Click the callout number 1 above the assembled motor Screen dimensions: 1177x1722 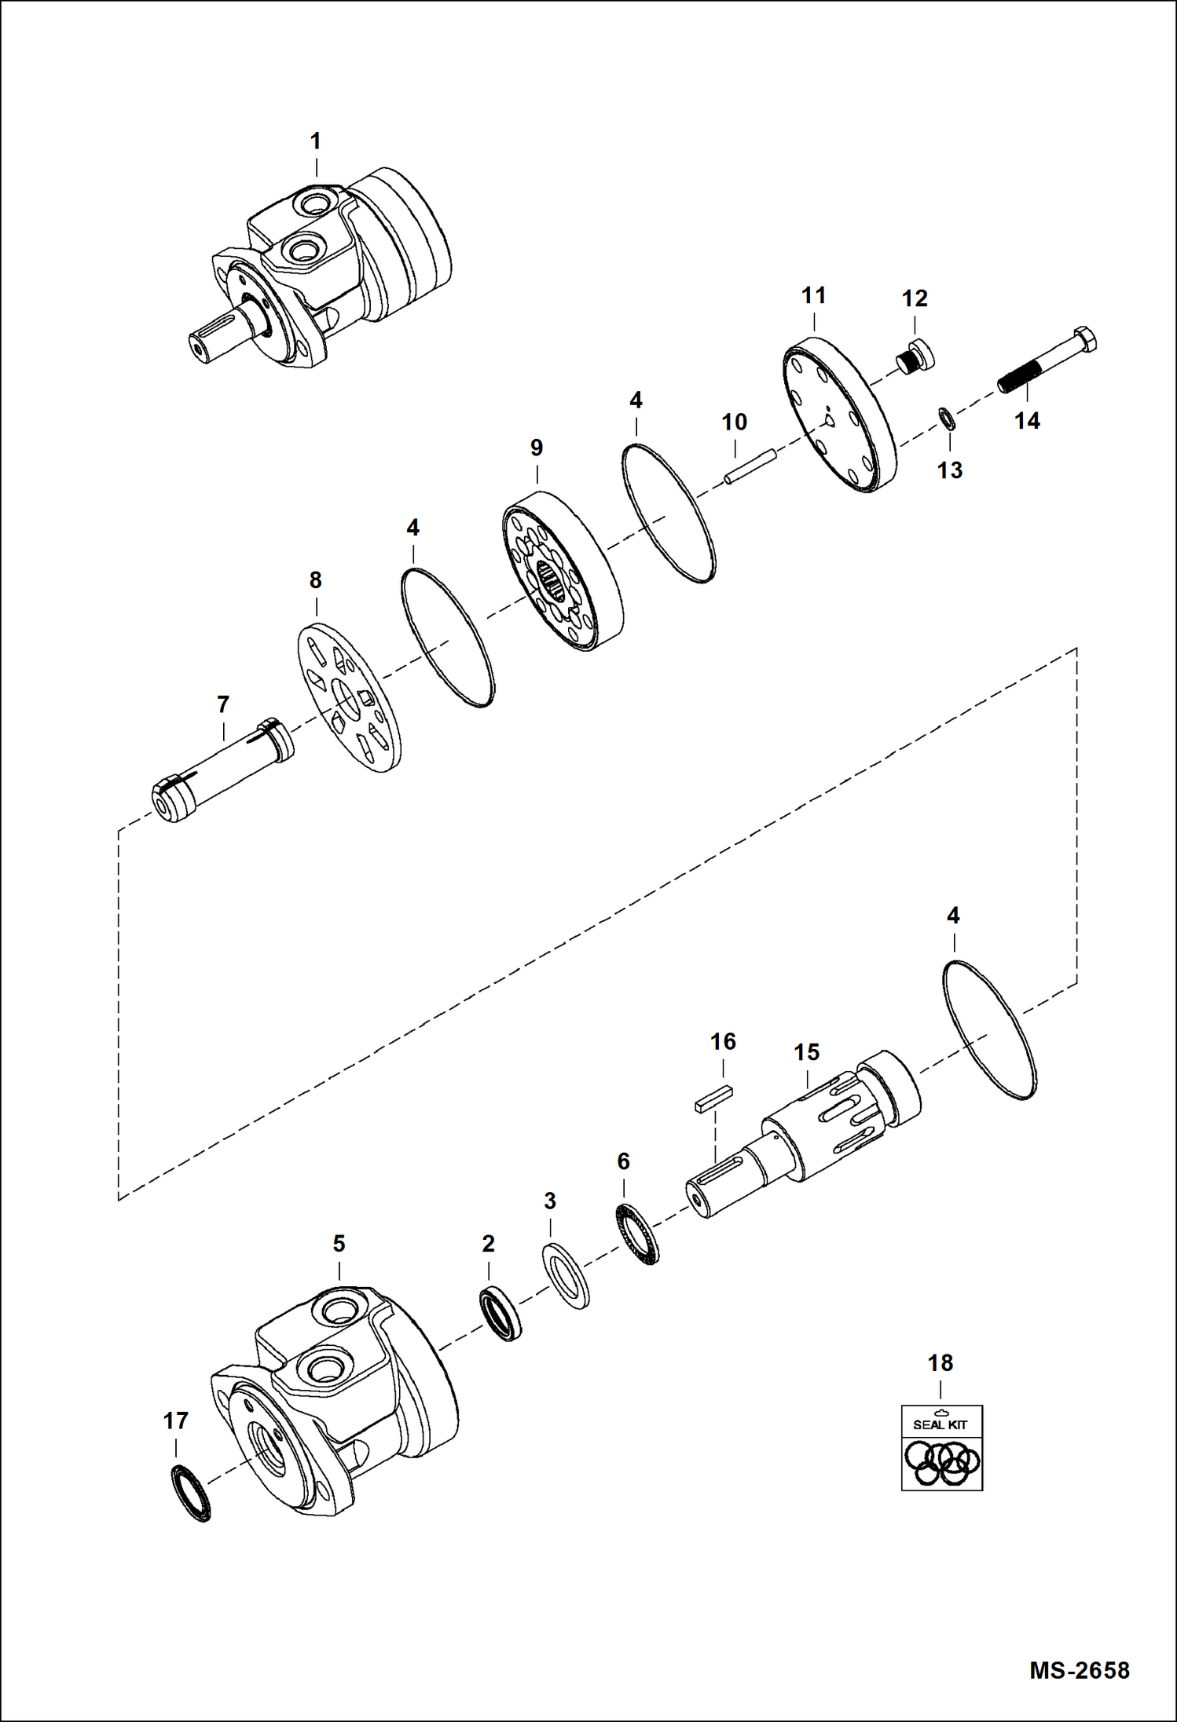coord(316,141)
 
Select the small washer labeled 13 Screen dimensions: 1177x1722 coord(948,419)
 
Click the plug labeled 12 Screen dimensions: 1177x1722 coord(915,357)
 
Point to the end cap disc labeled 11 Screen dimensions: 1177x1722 coord(839,415)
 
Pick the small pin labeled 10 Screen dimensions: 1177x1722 coord(751,467)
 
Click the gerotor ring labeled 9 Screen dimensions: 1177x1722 coord(563,570)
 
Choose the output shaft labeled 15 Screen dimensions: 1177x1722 coord(801,1134)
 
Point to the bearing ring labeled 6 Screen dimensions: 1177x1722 coord(637,1234)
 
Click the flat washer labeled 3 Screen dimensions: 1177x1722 coord(566,1276)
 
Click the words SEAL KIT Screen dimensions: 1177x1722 coord(940,1424)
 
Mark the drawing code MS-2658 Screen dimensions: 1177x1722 coord(1080,1669)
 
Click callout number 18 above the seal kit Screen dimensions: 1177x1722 coord(940,1363)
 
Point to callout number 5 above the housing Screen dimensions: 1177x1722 coord(339,1244)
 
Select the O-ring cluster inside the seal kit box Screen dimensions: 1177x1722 coord(942,1462)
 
